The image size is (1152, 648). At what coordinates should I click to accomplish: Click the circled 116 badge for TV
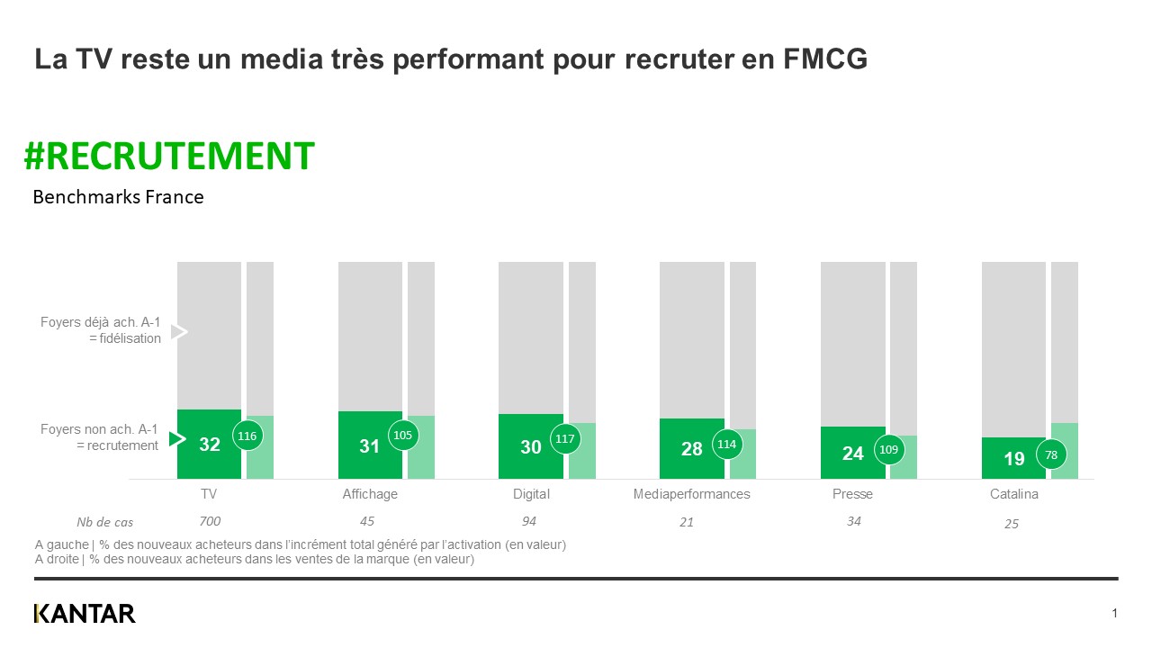click(247, 436)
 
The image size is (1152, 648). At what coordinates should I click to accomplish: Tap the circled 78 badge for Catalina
click(1051, 455)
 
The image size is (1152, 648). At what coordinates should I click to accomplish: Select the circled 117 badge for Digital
click(565, 439)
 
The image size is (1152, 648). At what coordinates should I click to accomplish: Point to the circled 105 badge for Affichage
click(402, 436)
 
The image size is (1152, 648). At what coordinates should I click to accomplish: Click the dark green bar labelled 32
click(209, 444)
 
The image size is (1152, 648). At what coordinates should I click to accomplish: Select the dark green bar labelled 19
click(1013, 458)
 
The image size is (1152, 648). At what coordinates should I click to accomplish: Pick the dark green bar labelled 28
click(691, 448)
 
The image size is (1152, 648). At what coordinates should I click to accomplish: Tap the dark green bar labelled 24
click(852, 453)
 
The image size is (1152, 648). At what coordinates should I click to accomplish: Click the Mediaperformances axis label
click(691, 494)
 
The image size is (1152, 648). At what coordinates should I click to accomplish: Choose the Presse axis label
click(852, 494)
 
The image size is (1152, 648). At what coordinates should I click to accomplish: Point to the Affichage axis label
click(370, 494)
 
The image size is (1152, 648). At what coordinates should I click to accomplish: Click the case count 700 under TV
click(210, 521)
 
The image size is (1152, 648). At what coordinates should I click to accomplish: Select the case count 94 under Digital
click(529, 521)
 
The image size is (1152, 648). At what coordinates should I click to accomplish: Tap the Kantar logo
click(85, 614)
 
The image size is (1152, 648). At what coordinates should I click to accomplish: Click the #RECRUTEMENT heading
click(169, 156)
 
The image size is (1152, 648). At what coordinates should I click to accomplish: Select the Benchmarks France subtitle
click(118, 197)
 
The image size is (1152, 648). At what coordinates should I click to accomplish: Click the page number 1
click(1114, 614)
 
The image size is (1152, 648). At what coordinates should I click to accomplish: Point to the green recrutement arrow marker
click(177, 438)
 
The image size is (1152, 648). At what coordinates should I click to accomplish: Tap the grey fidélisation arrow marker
click(178, 332)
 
